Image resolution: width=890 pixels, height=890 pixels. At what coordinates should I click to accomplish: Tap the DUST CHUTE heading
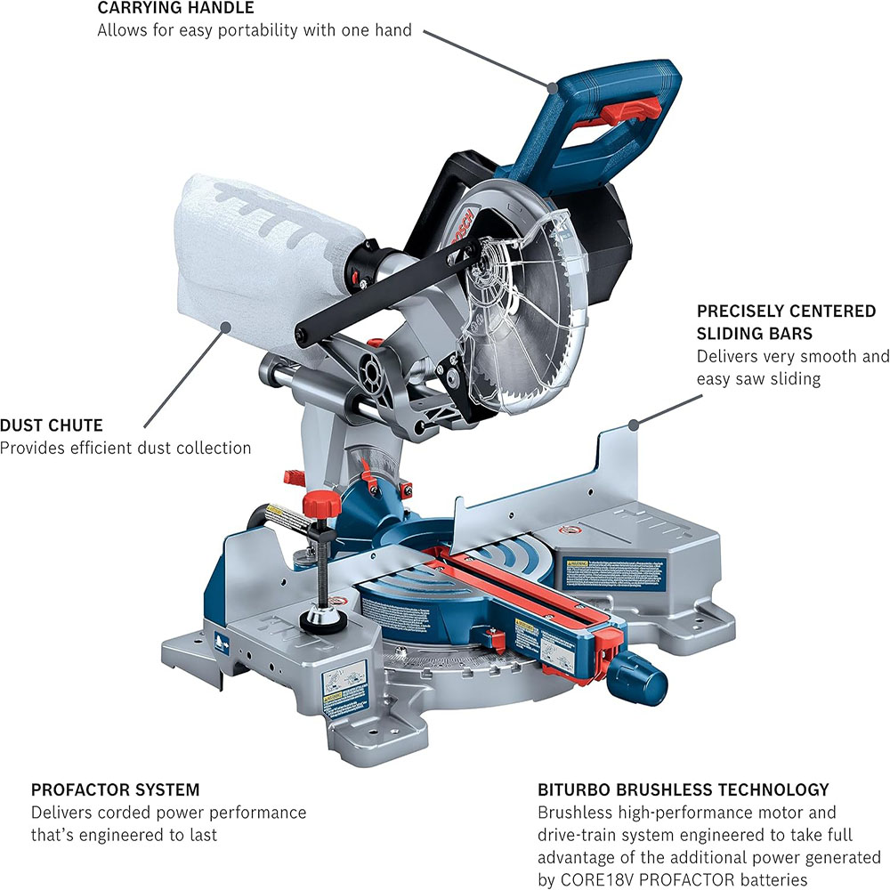pyautogui.click(x=51, y=425)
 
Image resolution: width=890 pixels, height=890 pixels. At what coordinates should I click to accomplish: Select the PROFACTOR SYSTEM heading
pyautogui.click(x=116, y=789)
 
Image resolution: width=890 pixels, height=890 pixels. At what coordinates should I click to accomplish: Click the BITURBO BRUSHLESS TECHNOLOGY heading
pyautogui.click(x=684, y=789)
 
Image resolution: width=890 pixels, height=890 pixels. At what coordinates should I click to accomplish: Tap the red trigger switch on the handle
pyautogui.click(x=635, y=109)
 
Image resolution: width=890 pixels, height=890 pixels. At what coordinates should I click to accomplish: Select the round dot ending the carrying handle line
pyautogui.click(x=553, y=87)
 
